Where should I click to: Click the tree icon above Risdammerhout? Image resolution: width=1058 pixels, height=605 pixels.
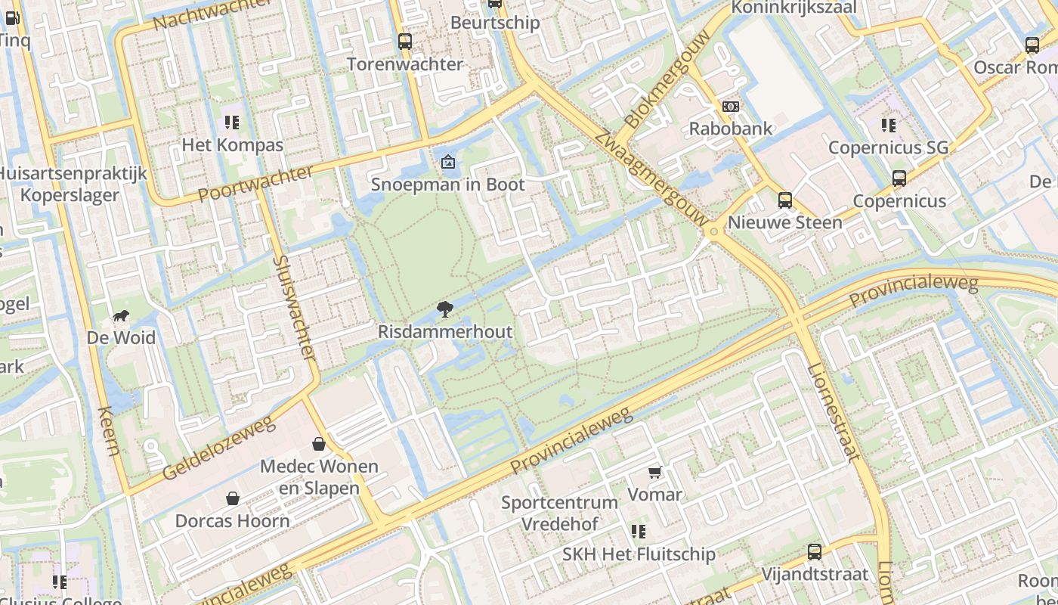point(445,309)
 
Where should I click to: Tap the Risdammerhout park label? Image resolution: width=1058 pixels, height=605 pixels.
point(445,332)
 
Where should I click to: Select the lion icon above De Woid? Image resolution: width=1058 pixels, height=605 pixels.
point(121,316)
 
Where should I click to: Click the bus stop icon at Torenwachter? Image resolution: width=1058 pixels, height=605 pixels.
point(405,42)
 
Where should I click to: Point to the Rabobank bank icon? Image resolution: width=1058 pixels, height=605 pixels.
point(731,107)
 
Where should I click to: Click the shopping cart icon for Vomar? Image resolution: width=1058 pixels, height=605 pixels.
point(654,473)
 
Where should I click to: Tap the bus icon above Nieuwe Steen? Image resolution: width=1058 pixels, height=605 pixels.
point(785,200)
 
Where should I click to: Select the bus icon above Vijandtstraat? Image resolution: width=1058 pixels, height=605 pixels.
point(814,552)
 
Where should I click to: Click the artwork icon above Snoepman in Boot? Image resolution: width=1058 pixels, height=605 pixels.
point(448,162)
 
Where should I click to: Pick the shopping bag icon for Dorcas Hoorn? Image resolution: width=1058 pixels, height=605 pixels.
point(233,498)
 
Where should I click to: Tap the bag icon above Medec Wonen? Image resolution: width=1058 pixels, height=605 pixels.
point(319,443)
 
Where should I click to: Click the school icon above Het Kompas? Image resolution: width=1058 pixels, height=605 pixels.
point(232,123)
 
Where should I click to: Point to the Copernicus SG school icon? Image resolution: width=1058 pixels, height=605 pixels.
point(888,125)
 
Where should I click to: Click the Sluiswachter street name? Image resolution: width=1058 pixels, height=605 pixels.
point(295,307)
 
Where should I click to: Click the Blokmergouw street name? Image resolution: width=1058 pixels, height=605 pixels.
point(668,79)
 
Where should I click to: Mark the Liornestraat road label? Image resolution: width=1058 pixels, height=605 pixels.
point(834,412)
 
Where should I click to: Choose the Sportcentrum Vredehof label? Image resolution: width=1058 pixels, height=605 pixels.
point(560,513)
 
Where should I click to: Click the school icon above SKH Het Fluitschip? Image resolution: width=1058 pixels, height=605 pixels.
point(639,532)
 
